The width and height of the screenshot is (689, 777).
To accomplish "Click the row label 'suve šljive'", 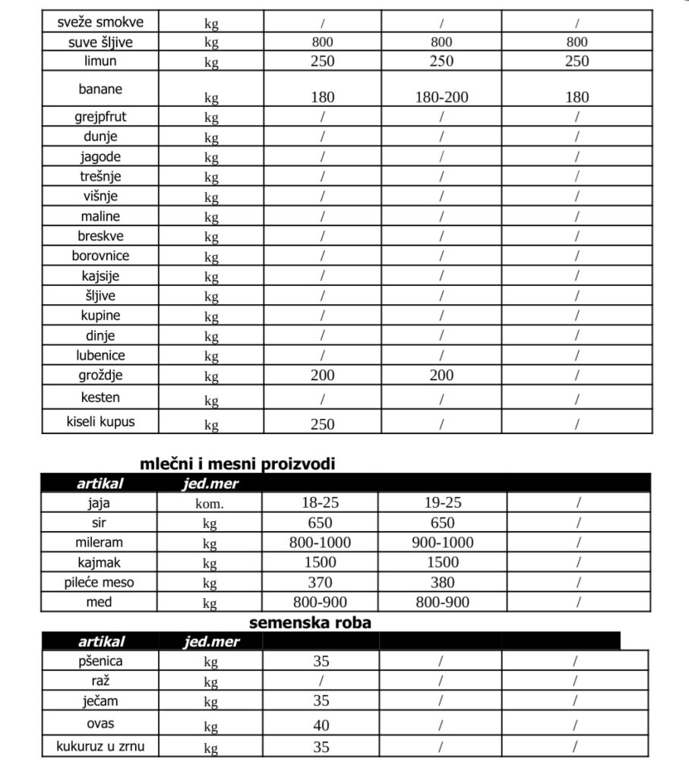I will click(x=101, y=42).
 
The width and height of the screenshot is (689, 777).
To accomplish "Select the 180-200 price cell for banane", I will click(x=442, y=97).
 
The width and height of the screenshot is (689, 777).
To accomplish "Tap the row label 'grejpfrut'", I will click(x=101, y=117).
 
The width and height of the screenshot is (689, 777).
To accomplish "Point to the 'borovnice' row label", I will click(x=101, y=256).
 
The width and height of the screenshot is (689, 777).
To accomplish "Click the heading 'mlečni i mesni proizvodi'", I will click(x=237, y=464).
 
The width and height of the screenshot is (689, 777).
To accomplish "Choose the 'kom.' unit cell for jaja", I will click(x=210, y=502).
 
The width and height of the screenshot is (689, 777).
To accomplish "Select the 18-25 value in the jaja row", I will click(x=322, y=502).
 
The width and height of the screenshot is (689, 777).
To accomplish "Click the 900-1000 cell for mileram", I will click(x=442, y=543).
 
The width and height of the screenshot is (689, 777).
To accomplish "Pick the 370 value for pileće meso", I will click(x=322, y=583).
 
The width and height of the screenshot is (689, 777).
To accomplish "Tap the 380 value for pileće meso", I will click(x=442, y=583).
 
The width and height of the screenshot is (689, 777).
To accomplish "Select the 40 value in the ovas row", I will click(x=321, y=726).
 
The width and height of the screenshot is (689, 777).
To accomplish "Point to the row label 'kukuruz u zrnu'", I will click(x=101, y=746).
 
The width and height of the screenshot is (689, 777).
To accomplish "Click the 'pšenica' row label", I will click(x=101, y=661).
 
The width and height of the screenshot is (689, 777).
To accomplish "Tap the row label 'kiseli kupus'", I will click(x=101, y=421).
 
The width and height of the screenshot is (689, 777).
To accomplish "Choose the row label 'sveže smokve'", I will click(x=101, y=21).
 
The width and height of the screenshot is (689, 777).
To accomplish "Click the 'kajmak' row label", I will click(x=101, y=562).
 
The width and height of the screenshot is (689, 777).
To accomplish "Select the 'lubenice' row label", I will click(x=101, y=355).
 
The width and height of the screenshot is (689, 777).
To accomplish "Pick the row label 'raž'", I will click(x=101, y=681).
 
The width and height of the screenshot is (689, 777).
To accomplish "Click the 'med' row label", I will click(x=101, y=602).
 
